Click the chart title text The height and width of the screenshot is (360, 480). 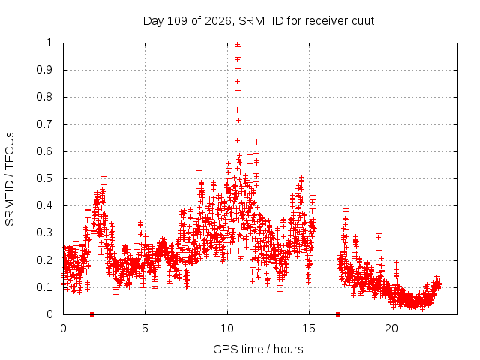(x=259, y=21)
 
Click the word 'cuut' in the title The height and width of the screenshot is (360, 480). (x=363, y=21)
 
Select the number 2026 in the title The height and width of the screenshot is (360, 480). (x=218, y=21)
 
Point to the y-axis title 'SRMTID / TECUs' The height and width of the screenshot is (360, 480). (x=10, y=179)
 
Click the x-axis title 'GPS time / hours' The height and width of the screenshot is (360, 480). (x=258, y=349)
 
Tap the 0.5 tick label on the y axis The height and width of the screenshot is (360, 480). (x=44, y=178)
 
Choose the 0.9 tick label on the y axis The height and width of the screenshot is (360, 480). (x=44, y=70)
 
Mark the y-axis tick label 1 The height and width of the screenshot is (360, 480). (x=49, y=43)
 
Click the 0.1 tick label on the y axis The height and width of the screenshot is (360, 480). (x=44, y=287)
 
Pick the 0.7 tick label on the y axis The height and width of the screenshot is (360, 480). (x=44, y=124)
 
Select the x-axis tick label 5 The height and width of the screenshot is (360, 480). (x=145, y=328)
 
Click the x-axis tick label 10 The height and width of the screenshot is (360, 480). (x=227, y=328)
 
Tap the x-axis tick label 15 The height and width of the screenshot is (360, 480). (x=309, y=328)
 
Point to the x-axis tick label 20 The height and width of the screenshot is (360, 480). (x=391, y=328)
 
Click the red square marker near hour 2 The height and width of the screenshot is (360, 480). (x=91, y=314)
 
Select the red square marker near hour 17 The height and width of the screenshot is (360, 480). (x=337, y=314)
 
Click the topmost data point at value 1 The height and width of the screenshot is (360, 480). (x=237, y=44)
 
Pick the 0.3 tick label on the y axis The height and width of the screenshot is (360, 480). (x=44, y=232)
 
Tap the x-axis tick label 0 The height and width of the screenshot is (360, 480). (x=63, y=328)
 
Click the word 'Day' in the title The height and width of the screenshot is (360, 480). (x=154, y=21)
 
